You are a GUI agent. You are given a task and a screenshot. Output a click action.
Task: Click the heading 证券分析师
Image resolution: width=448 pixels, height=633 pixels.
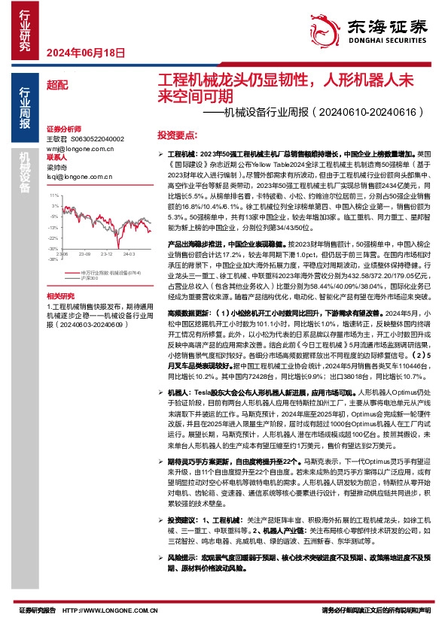click(x=62, y=130)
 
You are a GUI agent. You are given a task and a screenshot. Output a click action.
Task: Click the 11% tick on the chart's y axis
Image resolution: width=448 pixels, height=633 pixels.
click(x=53, y=194)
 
